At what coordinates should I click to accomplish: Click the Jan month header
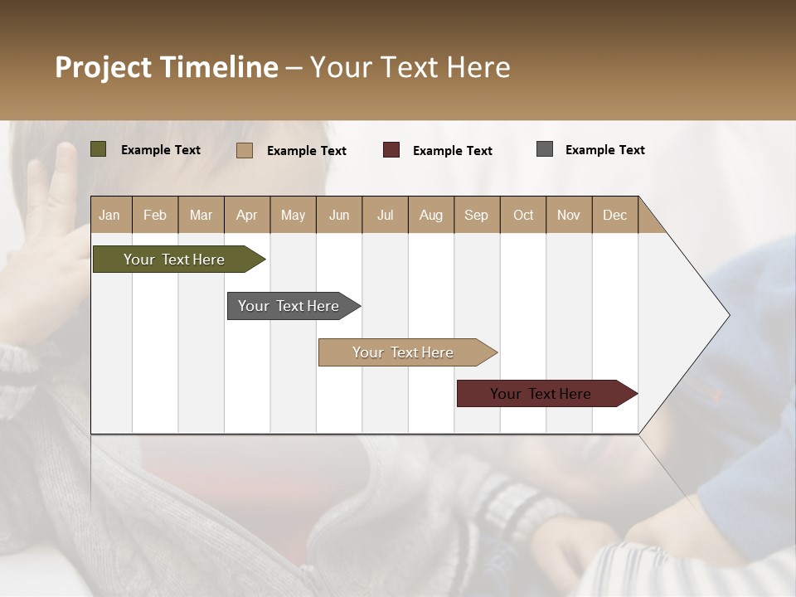109,215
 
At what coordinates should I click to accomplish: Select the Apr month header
246,215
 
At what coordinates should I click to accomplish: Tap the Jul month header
385,215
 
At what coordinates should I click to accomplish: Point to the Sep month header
476,215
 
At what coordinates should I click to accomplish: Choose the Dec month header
614,215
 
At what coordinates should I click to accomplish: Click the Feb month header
155,215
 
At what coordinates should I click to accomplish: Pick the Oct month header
523,215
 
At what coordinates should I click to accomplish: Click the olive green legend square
99,149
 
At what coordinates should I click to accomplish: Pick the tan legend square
245,150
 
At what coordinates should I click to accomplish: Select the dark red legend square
391,150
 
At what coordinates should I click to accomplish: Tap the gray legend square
545,149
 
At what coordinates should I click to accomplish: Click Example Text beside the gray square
604,150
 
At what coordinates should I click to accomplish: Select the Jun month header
339,215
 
